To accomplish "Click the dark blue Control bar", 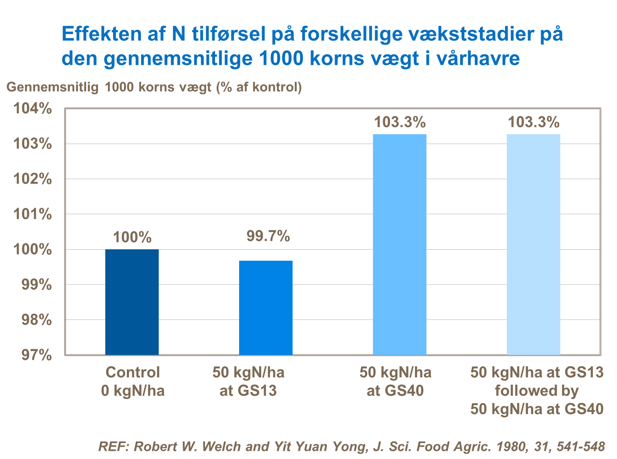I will tap(132, 302).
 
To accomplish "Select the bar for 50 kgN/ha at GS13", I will tap(266, 308).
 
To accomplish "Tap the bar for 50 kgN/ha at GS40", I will tap(399, 244).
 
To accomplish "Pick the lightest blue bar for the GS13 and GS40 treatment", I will tap(533, 244).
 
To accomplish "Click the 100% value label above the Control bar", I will tap(132, 237).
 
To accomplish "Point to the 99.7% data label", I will tap(268, 236).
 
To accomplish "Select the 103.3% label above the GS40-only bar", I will tap(400, 122).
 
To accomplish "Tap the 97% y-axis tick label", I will tap(37, 355).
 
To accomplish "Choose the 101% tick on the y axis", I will tap(33, 214).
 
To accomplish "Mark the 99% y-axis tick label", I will tap(37, 284).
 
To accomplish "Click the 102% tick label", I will tap(33, 179).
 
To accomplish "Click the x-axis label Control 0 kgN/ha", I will tap(133, 381).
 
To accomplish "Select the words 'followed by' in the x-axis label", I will tap(537, 391).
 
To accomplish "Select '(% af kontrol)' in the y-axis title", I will tap(259, 87).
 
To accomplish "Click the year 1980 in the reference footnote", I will tap(510, 446).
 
